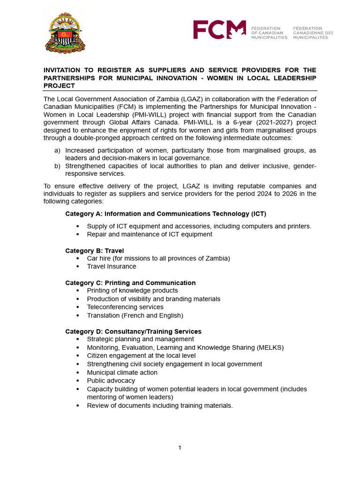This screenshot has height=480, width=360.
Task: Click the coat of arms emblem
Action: (66, 32)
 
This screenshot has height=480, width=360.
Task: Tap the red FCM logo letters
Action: (219, 30)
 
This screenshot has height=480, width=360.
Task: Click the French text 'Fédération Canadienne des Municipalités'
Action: (313, 33)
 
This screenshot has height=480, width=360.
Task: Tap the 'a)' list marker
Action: (57, 150)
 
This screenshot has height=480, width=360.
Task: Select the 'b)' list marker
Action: (57, 165)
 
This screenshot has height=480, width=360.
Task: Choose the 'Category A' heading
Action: (165, 214)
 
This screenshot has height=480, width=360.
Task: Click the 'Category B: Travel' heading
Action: (94, 251)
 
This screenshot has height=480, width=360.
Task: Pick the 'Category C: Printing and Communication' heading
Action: (130, 283)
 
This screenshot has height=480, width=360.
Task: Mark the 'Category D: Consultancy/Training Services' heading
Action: (133, 331)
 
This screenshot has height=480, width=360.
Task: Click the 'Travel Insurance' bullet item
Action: (112, 266)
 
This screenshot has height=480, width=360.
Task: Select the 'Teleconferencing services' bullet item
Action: (125, 307)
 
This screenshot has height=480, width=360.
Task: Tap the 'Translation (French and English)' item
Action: (135, 315)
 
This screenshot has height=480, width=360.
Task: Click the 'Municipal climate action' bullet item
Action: (122, 372)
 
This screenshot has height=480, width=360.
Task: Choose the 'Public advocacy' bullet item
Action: (111, 381)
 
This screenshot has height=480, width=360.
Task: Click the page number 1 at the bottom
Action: (180, 448)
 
